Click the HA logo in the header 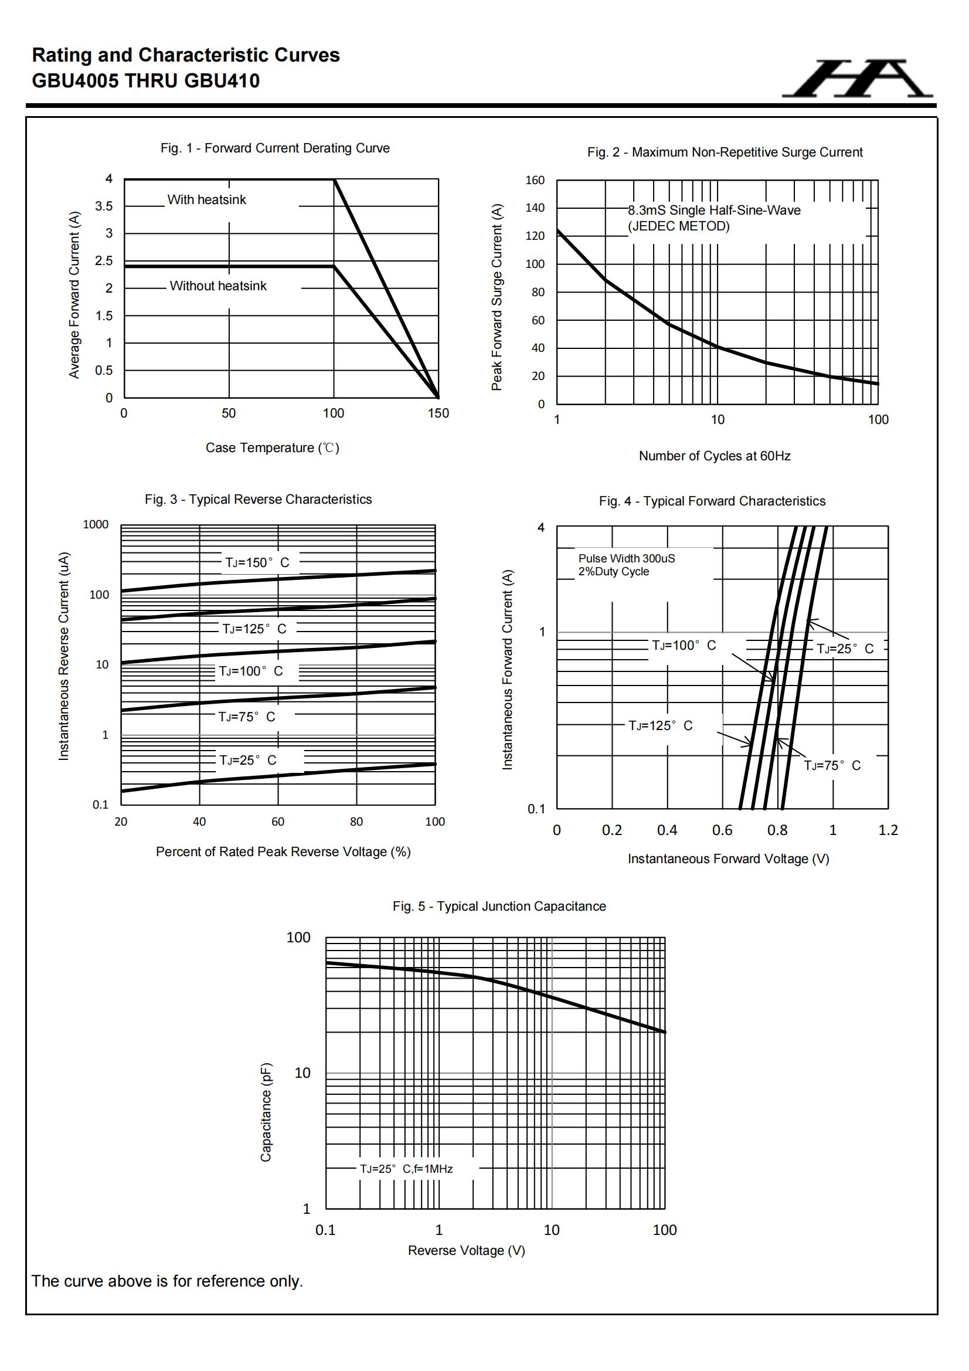click(x=858, y=79)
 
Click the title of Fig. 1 click(x=275, y=148)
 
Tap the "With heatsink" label click(x=206, y=200)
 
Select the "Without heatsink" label click(x=218, y=286)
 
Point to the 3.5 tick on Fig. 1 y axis click(x=104, y=206)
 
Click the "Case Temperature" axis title click(x=272, y=448)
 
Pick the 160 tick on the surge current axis click(x=535, y=181)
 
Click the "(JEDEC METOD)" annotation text click(x=678, y=226)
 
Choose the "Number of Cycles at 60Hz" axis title click(x=715, y=456)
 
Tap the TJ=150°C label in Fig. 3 click(x=257, y=562)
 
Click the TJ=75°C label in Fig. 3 click(x=247, y=717)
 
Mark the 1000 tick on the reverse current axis click(x=96, y=525)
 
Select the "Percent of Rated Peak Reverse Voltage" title click(x=283, y=852)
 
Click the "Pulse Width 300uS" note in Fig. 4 click(x=626, y=558)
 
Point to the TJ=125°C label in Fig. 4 click(x=660, y=725)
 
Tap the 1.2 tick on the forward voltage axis click(x=888, y=830)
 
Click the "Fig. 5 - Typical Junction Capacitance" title click(x=499, y=907)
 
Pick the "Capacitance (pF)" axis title click(x=266, y=1112)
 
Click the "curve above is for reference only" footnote click(x=167, y=1281)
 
